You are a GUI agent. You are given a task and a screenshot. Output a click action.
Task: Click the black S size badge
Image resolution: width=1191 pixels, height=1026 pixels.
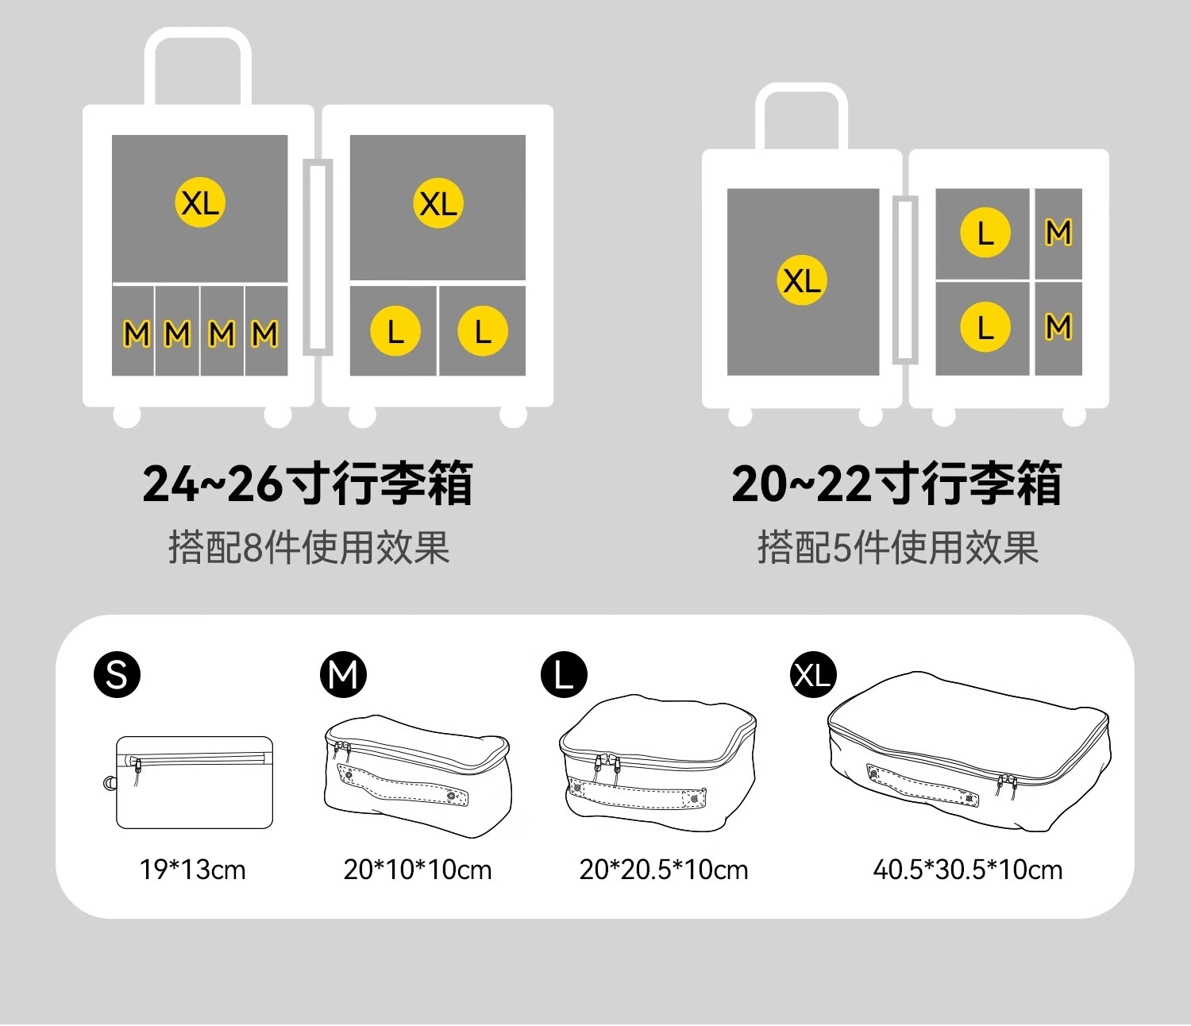click(117, 675)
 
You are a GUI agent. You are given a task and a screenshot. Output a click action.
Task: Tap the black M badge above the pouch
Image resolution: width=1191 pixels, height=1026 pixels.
click(343, 675)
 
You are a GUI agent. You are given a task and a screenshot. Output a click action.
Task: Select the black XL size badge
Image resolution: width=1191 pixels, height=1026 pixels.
click(813, 675)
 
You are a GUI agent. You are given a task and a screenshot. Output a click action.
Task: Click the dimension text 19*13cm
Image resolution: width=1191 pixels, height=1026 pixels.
click(193, 870)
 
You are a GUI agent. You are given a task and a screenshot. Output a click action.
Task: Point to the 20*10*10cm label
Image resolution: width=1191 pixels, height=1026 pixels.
click(418, 870)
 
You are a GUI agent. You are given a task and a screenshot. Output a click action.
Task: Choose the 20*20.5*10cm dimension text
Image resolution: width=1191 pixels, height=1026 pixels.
click(664, 870)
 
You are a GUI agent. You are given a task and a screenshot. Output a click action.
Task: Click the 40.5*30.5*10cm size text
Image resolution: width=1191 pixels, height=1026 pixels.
click(968, 870)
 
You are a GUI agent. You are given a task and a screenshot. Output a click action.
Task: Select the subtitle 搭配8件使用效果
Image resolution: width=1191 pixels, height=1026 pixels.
click(309, 547)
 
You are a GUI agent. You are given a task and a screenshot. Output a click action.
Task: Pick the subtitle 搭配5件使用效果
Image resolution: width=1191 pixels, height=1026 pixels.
click(898, 547)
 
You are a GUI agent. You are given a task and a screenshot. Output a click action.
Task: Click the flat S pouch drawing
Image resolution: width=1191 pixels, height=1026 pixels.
click(195, 782)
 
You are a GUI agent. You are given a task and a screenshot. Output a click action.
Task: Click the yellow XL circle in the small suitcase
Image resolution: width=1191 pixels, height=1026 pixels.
click(802, 280)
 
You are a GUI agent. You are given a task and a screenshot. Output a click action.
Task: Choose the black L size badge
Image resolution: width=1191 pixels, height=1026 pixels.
click(564, 675)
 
